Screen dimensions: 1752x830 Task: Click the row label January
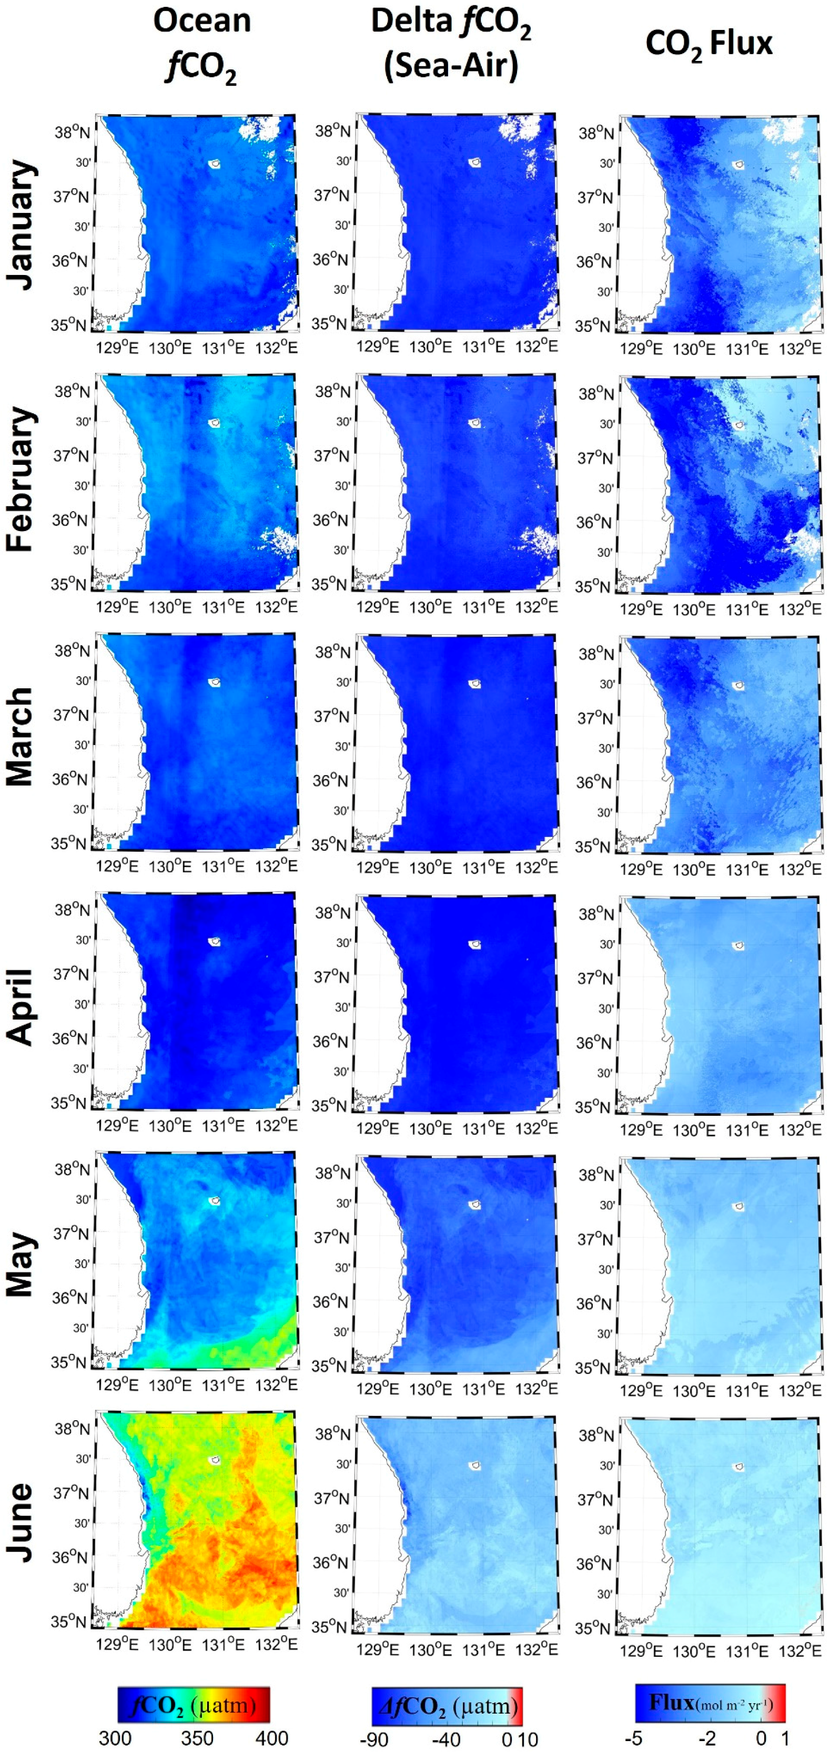coord(21,225)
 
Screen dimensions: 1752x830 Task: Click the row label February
coord(21,479)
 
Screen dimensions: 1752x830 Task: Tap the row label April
coord(21,1006)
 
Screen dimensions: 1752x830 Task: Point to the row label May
coord(21,1265)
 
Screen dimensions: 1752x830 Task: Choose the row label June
coord(21,1523)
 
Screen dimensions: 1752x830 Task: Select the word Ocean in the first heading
coord(201,21)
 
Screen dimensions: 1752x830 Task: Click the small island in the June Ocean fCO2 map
coord(216,1460)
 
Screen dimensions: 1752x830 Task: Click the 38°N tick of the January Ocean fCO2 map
coord(72,132)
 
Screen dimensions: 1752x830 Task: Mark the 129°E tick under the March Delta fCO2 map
coord(378,867)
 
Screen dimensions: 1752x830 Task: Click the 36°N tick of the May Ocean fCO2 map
coord(70,1298)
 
